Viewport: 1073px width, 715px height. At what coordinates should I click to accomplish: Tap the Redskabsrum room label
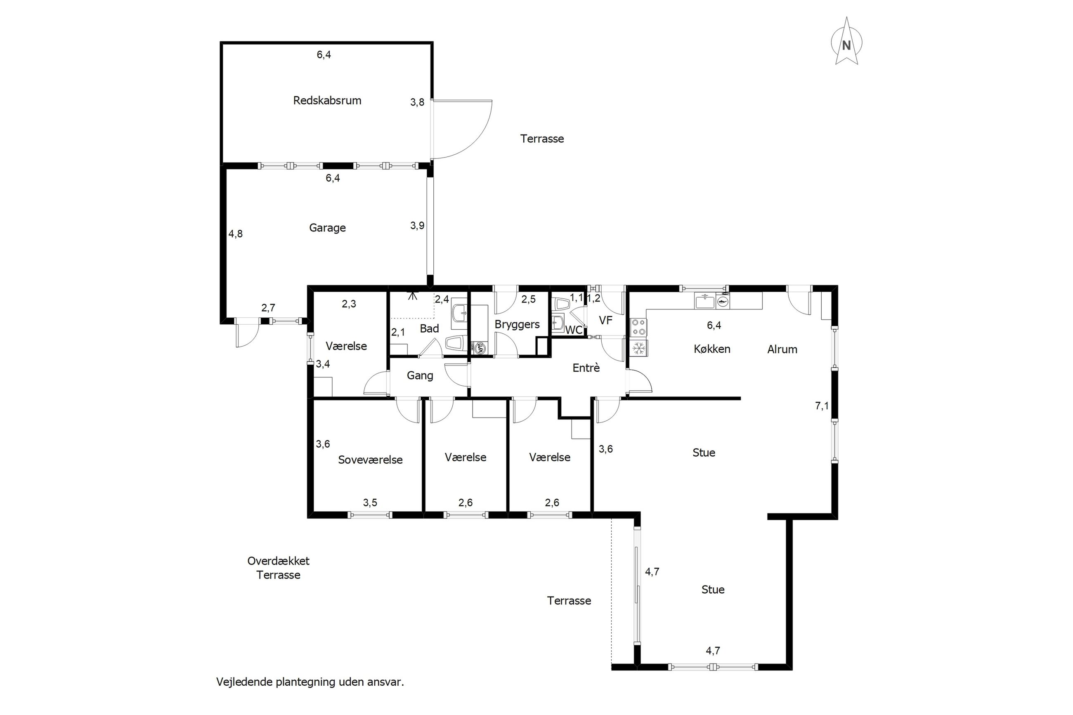(327, 100)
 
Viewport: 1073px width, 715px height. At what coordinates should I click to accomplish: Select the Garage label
(327, 228)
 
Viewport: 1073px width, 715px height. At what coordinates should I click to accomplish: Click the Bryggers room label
(517, 325)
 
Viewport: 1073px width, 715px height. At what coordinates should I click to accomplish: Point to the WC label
(574, 330)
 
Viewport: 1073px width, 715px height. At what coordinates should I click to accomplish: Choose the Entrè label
(586, 368)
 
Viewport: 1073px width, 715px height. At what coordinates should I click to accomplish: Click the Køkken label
(712, 349)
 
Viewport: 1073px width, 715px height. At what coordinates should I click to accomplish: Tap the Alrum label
(782, 349)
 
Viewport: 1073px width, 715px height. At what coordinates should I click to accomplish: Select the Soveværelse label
(370, 460)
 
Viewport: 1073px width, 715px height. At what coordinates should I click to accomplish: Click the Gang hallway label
(420, 376)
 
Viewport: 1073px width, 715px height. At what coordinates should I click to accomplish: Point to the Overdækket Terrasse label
(278, 568)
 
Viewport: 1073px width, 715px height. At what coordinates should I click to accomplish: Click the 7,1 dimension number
(822, 406)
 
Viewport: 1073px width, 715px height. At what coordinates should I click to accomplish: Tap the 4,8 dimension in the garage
(235, 234)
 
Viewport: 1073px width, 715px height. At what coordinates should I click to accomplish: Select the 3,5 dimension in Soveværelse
(370, 503)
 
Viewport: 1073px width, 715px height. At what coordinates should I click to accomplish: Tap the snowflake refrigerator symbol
(638, 348)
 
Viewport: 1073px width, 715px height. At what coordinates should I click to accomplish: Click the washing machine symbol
(479, 348)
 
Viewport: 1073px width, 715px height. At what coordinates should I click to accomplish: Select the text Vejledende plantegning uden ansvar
(310, 682)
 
